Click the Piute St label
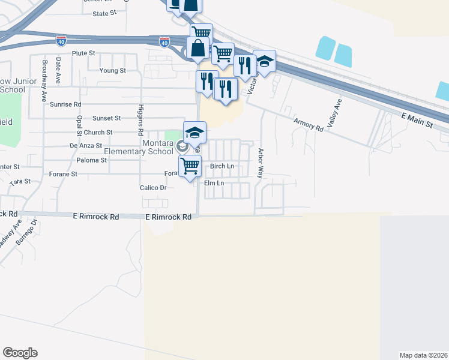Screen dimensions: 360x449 [x=83, y=53]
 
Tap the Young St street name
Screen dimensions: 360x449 [x=113, y=70]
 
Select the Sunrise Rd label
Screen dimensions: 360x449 [x=65, y=104]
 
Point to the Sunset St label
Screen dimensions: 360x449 [x=106, y=118]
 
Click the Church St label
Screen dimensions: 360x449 [x=98, y=132]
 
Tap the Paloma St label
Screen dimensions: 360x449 [x=92, y=160]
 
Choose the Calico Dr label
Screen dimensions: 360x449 [x=154, y=187]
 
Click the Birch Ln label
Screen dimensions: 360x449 [x=221, y=166]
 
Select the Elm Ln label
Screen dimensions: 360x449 [x=214, y=182]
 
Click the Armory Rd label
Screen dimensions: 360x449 [x=308, y=122]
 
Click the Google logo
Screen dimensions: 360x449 [x=20, y=353]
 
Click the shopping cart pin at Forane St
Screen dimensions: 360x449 [x=190, y=165]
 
